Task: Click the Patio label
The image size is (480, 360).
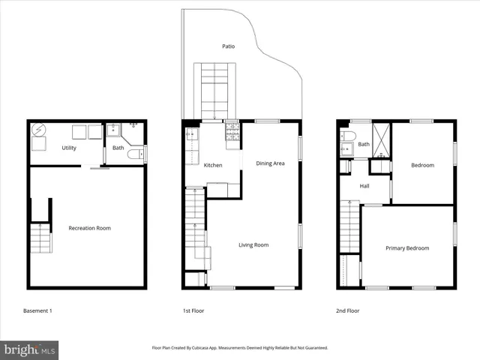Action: coord(228,46)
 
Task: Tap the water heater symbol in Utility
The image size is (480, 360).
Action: coord(38,130)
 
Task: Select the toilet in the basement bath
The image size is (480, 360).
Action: coord(135,154)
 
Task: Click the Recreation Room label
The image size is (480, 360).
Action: coord(89,228)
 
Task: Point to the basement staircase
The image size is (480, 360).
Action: coord(40,238)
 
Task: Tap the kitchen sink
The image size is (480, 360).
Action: coord(191,136)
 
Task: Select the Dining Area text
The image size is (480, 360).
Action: coord(270,163)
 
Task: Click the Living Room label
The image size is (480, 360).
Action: coord(253,245)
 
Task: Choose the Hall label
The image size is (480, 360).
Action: coord(364,186)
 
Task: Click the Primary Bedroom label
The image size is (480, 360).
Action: coord(407,248)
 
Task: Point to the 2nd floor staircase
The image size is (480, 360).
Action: coord(350,228)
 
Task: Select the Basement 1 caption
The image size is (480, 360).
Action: coord(37,310)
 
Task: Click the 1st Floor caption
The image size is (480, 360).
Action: coord(193,310)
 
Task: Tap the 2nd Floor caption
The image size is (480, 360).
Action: coord(347,310)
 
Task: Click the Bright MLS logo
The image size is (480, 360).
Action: coord(29,349)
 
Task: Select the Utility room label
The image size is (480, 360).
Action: coord(69,148)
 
